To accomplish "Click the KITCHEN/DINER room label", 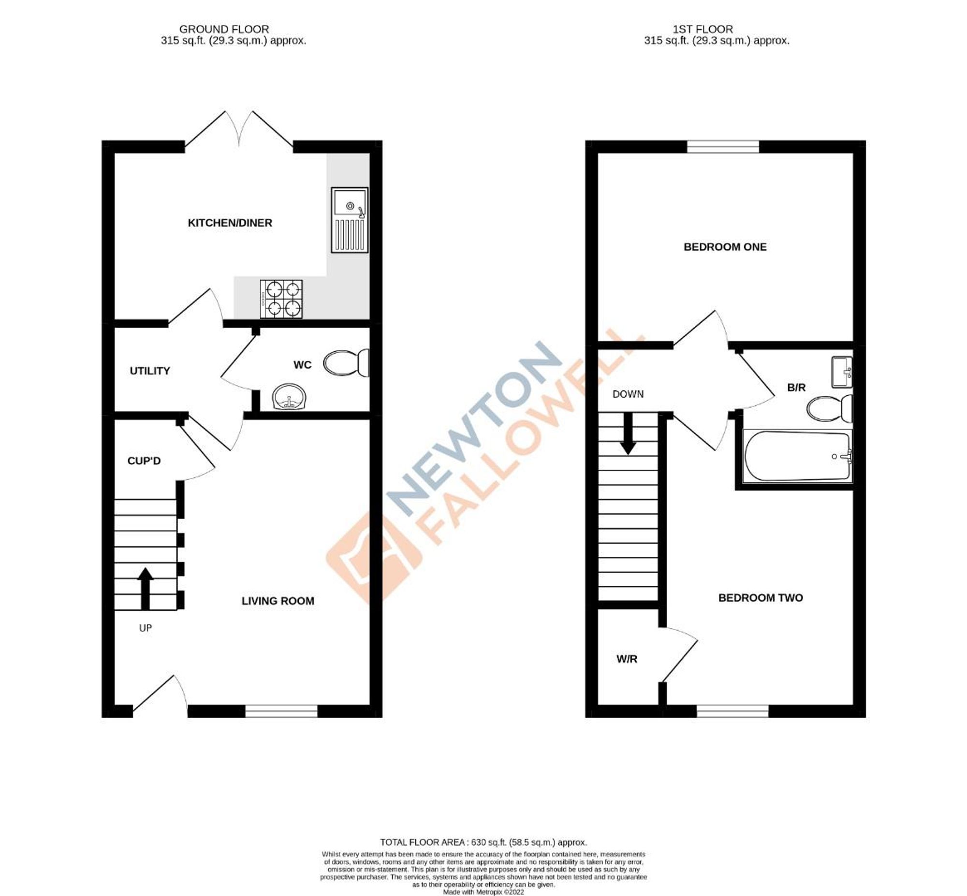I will point(230,223).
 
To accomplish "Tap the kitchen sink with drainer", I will point(349,220).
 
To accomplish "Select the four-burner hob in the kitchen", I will point(281,299).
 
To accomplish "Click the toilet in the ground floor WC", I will point(346,363).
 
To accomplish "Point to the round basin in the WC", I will point(289,397).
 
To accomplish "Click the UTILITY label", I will point(150,371).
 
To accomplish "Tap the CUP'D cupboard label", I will point(144,461).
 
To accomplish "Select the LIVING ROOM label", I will point(278,601).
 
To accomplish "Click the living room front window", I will point(281,711).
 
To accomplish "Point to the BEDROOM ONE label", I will point(725,247).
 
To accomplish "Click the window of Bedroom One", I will point(723,146).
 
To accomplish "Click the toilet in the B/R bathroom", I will point(829,408).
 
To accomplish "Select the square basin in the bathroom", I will point(842,372).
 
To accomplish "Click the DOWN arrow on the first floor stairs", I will point(629,434).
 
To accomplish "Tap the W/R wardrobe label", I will point(627,659).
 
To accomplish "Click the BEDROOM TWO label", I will point(761,598).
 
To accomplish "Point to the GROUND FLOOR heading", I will point(224,29).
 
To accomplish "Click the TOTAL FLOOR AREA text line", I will point(483,843).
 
